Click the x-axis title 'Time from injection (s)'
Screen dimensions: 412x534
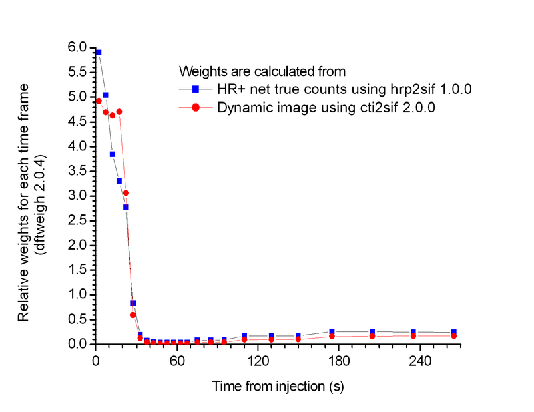[x=278, y=387]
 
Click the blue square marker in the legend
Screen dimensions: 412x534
[x=196, y=89]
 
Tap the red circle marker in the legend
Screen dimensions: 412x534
[x=196, y=107]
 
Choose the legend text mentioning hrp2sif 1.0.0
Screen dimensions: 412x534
[x=345, y=89]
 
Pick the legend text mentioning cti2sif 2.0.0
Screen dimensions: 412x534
[x=326, y=107]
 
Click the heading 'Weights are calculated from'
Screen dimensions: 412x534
[x=262, y=70]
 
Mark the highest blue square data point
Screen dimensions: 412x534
[x=99, y=52]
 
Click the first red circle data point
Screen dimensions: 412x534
[x=99, y=101]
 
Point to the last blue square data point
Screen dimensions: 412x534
[x=454, y=333]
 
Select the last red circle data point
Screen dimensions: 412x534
[x=454, y=336]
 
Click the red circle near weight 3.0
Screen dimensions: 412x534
[x=126, y=193]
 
